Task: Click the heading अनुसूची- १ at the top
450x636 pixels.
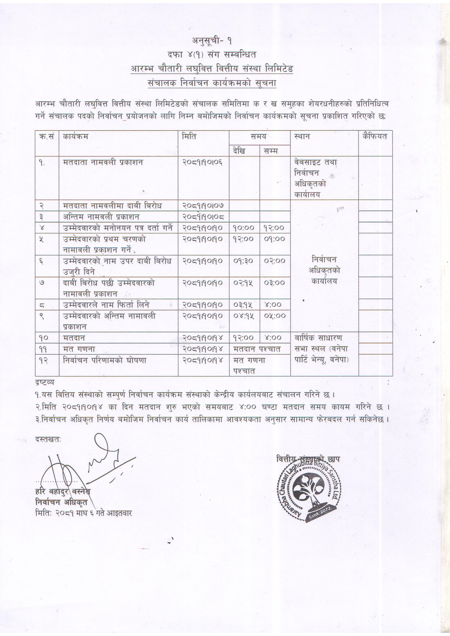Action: [x=212, y=41]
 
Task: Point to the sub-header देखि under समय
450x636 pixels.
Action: [x=239, y=151]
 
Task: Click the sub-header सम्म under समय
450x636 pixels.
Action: [x=271, y=151]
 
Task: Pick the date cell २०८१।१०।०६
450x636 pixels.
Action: [x=202, y=162]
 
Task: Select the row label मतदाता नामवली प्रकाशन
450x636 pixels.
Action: [x=103, y=162]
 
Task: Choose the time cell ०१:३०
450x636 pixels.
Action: [x=243, y=261]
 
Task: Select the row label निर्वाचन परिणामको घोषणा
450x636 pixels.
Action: [x=105, y=360]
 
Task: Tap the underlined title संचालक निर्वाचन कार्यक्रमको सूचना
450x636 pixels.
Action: [x=212, y=83]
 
